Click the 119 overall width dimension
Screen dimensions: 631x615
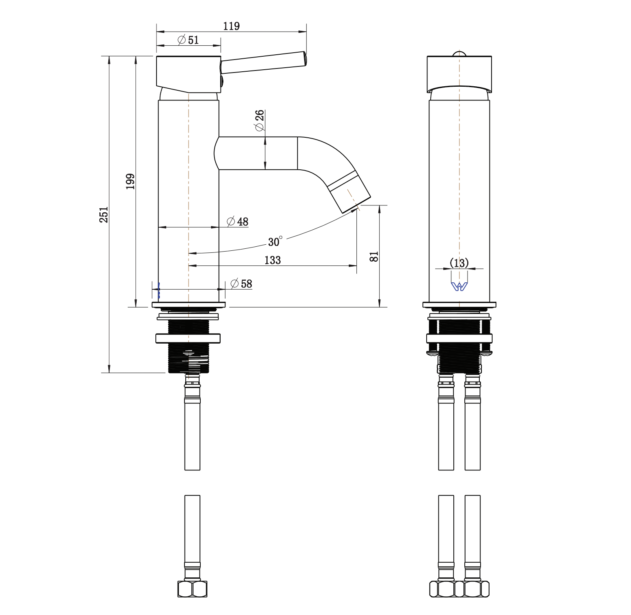[232, 26]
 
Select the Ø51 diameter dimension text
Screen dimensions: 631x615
[188, 40]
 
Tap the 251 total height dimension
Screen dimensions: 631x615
[104, 214]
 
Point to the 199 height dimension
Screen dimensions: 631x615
[130, 181]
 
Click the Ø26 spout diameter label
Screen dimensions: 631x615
[259, 120]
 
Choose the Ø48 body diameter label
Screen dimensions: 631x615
[237, 222]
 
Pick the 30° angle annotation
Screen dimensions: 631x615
[275, 241]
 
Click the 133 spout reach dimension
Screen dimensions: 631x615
[273, 260]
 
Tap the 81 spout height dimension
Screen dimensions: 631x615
[374, 256]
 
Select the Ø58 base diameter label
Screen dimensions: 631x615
[241, 284]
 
